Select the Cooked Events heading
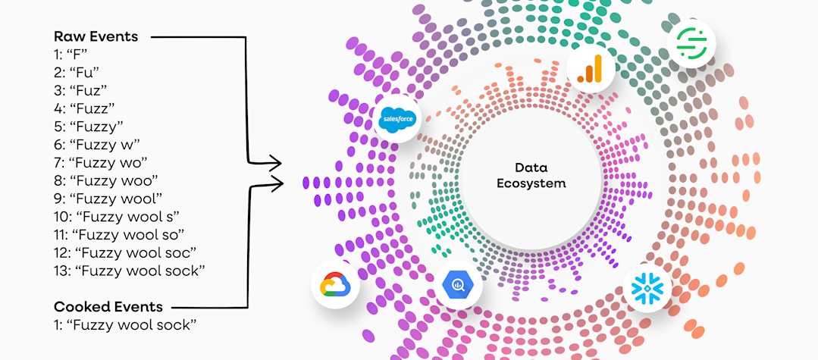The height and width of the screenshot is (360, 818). [x=108, y=307]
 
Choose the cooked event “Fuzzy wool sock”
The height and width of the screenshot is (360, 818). [x=125, y=325]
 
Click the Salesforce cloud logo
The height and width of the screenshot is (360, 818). [x=397, y=119]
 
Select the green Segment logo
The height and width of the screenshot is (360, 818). [x=691, y=43]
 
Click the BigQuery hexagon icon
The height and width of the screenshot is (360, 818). [x=458, y=285]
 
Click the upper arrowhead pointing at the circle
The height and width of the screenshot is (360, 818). [x=277, y=161]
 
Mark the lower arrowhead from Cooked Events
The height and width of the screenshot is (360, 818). [x=277, y=180]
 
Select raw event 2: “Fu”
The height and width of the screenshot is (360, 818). [x=79, y=72]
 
